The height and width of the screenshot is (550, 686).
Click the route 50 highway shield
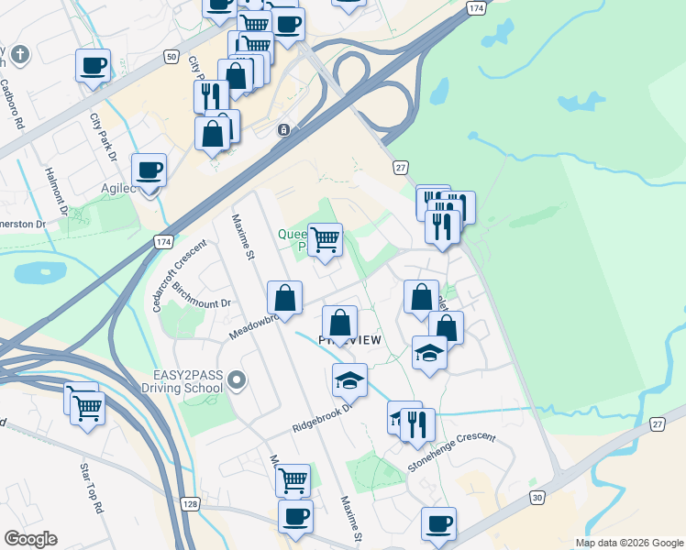[x=171, y=57]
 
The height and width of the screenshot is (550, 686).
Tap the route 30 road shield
[x=537, y=497]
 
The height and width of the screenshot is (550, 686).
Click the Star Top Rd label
[x=91, y=489]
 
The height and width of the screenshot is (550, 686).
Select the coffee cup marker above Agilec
[x=149, y=170]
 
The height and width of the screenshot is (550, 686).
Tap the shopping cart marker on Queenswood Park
[x=325, y=240]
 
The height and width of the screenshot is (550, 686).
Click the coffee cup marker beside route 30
[x=438, y=523]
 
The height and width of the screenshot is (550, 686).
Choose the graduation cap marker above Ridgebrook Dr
[x=349, y=379]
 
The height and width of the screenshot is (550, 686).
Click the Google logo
[x=30, y=539]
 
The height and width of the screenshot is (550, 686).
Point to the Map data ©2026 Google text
[x=629, y=543]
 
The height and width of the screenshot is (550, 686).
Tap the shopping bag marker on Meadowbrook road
[x=284, y=297]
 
